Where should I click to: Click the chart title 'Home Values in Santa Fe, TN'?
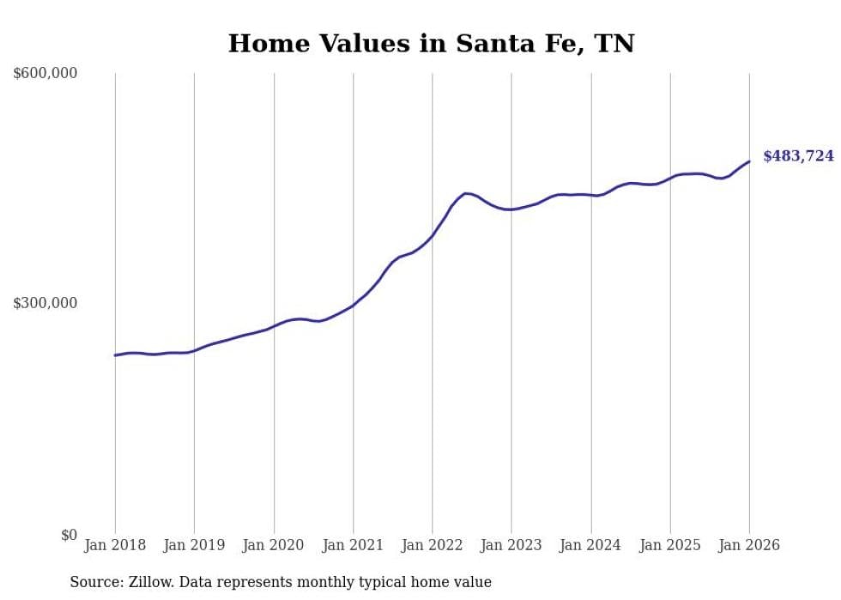pyautogui.click(x=431, y=44)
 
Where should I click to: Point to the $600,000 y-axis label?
pyautogui.click(x=45, y=74)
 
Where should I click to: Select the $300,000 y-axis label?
pyautogui.click(x=45, y=304)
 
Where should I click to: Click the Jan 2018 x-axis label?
pyautogui.click(x=115, y=545)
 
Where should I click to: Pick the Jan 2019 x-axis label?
pyautogui.click(x=194, y=545)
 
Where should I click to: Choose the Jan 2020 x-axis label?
pyautogui.click(x=274, y=545)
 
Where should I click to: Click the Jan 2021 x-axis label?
pyautogui.click(x=353, y=545)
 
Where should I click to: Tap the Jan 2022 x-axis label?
pyautogui.click(x=433, y=545)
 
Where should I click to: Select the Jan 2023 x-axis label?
pyautogui.click(x=511, y=545)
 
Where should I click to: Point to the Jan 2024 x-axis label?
pyautogui.click(x=590, y=545)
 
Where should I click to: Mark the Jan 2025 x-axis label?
pyautogui.click(x=670, y=545)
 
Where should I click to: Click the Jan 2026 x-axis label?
pyautogui.click(x=749, y=545)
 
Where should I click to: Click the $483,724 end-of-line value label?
pyautogui.click(x=798, y=156)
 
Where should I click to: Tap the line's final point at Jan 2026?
pyautogui.click(x=749, y=161)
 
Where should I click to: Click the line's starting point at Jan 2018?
pyautogui.click(x=115, y=355)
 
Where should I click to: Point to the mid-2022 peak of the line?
pyautogui.click(x=465, y=193)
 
